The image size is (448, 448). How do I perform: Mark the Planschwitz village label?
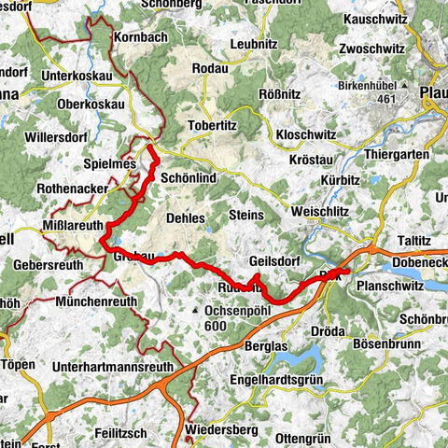coord(394,287)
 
